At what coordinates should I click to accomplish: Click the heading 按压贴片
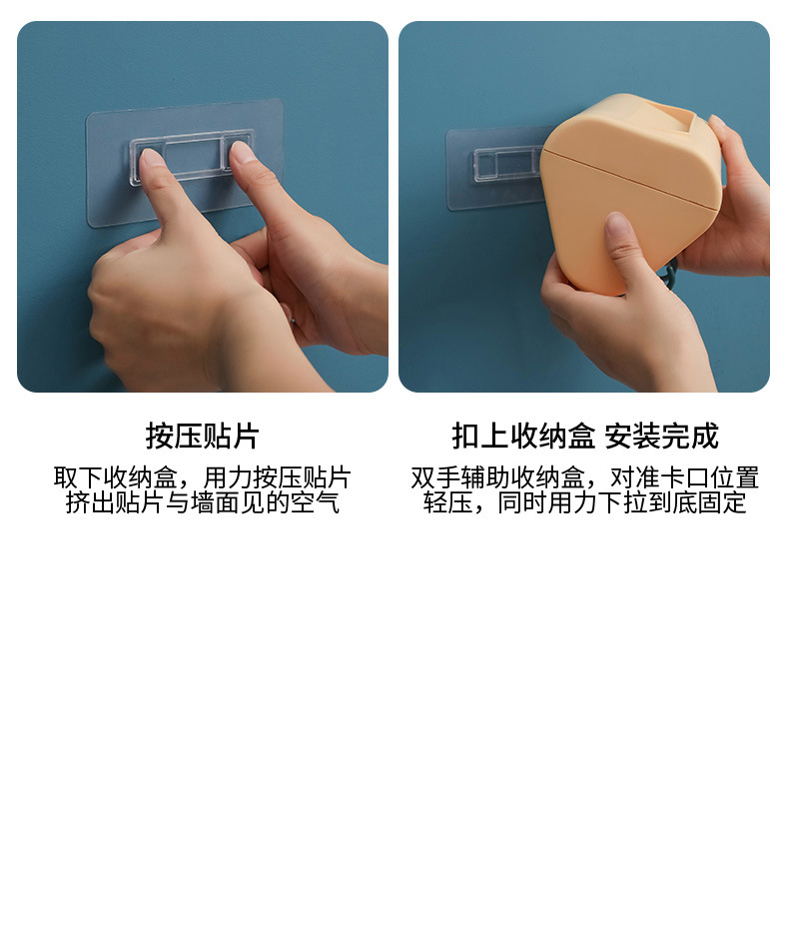pos(202,437)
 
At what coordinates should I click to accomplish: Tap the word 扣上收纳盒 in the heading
pos(523,437)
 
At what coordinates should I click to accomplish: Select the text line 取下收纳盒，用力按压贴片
pos(202,477)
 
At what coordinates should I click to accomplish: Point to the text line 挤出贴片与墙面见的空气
pos(202,502)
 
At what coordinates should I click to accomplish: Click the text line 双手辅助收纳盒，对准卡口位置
pos(584,477)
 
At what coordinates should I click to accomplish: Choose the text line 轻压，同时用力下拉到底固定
pos(584,502)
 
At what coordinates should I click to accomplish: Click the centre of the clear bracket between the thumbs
pos(196,158)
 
